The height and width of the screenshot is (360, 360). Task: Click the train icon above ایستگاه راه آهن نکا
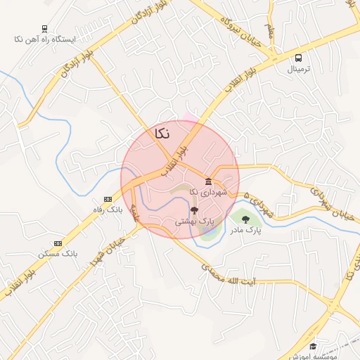[x=45, y=29]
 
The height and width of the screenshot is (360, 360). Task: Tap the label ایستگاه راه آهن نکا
[x=45, y=39]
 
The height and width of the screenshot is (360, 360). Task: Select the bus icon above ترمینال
[x=299, y=58]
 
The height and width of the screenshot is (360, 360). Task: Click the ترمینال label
[x=299, y=70]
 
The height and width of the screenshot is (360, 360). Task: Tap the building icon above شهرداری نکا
[x=208, y=181]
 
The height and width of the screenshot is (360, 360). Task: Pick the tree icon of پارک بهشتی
[x=194, y=210]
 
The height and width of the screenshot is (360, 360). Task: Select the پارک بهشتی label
[x=194, y=221]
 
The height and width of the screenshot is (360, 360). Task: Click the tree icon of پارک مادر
[x=245, y=219]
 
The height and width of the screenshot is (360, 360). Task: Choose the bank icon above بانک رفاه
[x=107, y=199]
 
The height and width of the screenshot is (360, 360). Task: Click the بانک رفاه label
[x=107, y=210]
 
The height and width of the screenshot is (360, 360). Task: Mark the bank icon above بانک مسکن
[x=58, y=243]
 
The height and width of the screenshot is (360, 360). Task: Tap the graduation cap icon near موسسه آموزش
[x=313, y=347]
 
